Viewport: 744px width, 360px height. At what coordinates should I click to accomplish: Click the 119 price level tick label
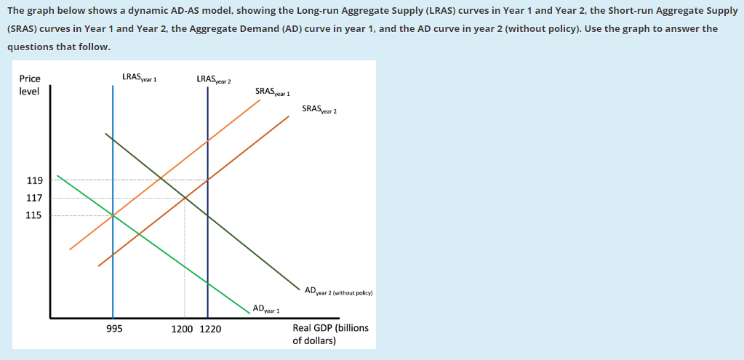[35, 180]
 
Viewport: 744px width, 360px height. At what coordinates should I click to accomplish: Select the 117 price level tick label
[35, 198]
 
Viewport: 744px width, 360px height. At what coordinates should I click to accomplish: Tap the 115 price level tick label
[35, 215]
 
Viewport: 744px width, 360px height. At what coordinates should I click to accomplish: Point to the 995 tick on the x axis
[113, 329]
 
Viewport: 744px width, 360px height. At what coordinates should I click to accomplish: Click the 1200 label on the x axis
[182, 329]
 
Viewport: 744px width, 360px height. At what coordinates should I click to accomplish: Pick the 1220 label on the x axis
[210, 329]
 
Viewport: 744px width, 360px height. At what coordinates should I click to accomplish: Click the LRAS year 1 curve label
[140, 77]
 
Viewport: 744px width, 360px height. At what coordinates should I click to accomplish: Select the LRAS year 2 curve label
[213, 79]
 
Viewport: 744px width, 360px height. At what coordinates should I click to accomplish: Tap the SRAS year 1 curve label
[273, 92]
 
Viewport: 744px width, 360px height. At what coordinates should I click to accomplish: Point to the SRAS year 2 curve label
[319, 110]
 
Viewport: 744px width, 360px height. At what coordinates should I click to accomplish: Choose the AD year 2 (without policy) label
[339, 292]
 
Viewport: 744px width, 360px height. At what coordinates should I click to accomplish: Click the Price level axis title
[30, 85]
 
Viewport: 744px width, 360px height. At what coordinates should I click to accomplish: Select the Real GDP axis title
[330, 334]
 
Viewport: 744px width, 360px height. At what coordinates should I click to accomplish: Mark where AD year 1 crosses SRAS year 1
[113, 215]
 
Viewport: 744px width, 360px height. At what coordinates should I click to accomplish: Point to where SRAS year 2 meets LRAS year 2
[208, 180]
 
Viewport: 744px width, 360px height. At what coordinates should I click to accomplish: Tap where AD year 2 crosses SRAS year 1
[160, 179]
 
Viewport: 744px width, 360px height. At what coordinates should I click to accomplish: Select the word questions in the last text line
[31, 46]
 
